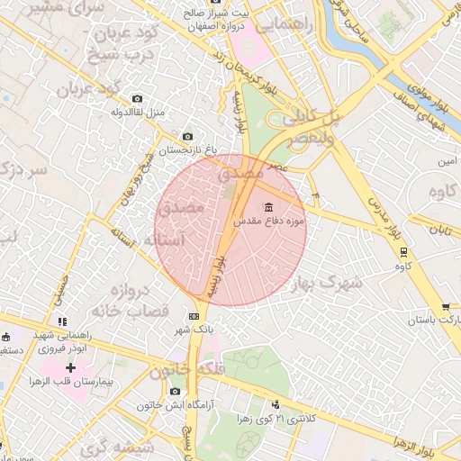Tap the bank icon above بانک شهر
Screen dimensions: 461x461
coord(194,316)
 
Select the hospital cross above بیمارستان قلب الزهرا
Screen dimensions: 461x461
coord(70,368)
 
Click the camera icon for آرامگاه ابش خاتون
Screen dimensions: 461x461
coord(175,392)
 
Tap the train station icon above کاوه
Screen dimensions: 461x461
coord(403,252)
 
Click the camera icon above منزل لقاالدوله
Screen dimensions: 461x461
coord(137,99)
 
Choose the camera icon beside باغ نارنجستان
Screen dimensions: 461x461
coord(187,136)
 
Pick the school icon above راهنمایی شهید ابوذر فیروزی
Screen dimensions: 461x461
coord(61,321)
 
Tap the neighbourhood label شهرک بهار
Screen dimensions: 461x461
coord(327,284)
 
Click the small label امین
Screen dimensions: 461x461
coord(447,161)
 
